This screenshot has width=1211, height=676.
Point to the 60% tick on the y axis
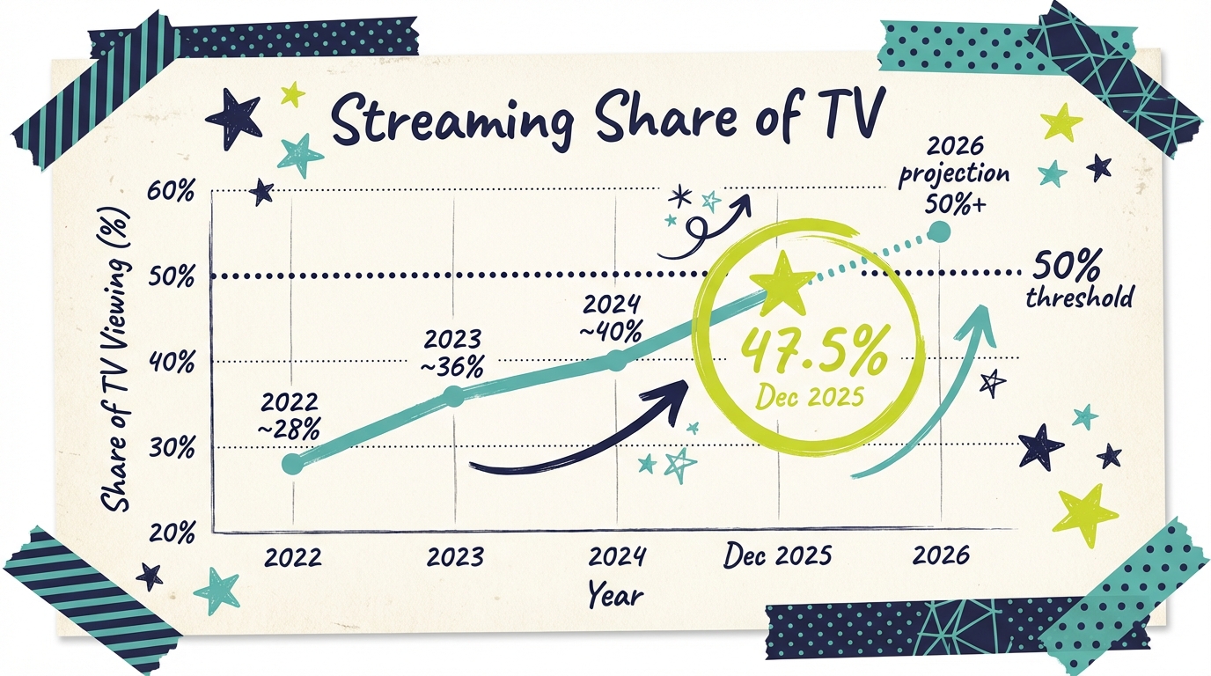point(177,191)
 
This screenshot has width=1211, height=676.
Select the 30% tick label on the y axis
point(177,448)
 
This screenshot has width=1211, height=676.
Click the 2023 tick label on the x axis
point(455,557)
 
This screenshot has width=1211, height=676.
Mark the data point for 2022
point(294,465)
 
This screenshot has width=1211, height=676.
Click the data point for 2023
point(454,396)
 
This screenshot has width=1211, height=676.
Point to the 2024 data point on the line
point(617,360)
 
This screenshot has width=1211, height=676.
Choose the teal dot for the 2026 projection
point(940,233)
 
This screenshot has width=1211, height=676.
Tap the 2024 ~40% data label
point(612,320)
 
